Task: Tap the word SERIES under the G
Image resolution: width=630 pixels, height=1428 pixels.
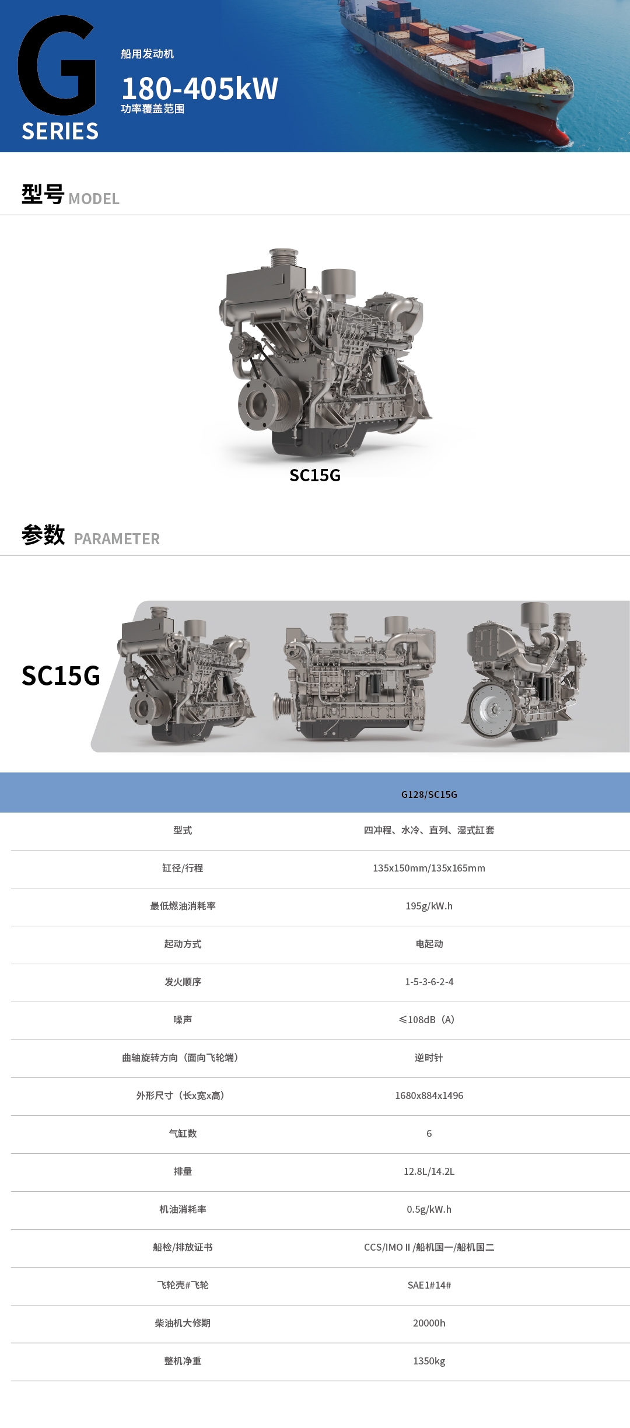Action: (60, 131)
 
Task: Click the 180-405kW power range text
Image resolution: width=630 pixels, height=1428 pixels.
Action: (199, 89)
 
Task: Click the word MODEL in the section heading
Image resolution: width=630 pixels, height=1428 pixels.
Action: (94, 199)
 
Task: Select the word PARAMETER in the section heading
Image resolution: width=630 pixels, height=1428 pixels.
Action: (117, 539)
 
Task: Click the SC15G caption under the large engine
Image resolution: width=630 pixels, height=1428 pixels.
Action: (315, 475)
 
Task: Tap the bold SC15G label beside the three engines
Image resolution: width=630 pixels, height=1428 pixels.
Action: (61, 676)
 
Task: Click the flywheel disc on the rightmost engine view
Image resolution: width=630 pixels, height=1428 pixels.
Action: (492, 709)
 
